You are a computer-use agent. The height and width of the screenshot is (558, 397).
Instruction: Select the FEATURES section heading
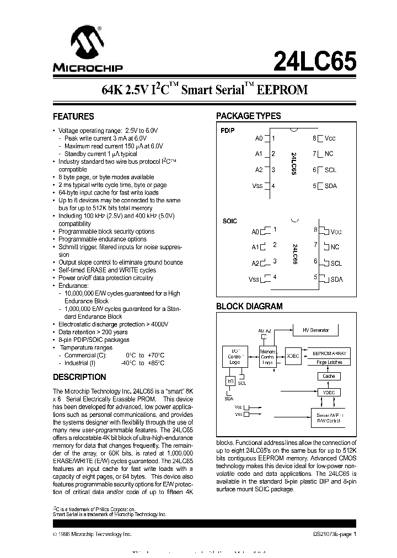pos(73,116)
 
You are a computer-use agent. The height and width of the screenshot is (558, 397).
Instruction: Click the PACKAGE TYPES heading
pos(248,116)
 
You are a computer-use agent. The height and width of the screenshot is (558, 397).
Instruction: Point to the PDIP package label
pos(228,131)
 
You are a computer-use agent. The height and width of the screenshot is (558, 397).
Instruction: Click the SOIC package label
pos(229,221)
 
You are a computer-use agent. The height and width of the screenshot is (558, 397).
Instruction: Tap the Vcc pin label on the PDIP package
pos(330,138)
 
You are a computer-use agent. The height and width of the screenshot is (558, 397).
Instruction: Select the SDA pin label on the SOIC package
pos(336,280)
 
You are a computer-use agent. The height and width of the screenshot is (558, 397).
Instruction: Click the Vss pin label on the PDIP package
pos(257,186)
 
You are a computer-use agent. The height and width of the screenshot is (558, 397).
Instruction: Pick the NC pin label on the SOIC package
pos(335,248)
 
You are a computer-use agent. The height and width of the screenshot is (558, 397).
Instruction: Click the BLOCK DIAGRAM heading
pos(249,306)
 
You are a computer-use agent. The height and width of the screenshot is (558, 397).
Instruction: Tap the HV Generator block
pos(315,330)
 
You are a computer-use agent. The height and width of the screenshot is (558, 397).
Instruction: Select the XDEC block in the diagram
pos(293,356)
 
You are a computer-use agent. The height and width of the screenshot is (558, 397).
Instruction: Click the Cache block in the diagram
pos(329,376)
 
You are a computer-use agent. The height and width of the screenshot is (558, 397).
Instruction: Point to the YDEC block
pos(329,393)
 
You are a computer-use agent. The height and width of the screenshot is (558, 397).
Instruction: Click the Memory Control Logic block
pos(268,357)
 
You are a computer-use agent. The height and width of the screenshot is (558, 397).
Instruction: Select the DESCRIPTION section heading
pos(79,377)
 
